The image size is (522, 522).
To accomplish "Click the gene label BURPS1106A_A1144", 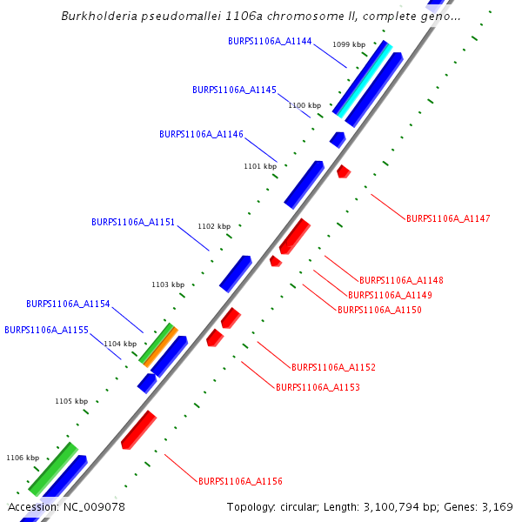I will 270,41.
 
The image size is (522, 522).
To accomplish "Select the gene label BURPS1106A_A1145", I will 234,90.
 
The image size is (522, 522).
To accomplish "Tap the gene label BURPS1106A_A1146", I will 201,134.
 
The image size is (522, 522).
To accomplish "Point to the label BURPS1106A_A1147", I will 448,218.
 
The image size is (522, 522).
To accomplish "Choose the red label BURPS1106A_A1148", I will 401,280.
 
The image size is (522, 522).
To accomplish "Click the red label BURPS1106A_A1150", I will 379,310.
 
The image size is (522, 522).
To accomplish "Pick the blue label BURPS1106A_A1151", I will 133,222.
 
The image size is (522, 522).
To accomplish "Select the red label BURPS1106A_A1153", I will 318,387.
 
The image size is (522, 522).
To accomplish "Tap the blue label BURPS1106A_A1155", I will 46,330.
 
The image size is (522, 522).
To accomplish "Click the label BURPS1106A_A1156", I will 240,481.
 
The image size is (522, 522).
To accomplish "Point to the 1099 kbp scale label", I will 349,44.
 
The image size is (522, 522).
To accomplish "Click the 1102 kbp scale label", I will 214,226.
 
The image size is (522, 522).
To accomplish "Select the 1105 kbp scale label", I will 71,401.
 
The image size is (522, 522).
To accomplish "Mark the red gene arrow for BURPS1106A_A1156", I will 138,429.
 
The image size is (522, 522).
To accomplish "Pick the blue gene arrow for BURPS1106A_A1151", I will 235,273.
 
